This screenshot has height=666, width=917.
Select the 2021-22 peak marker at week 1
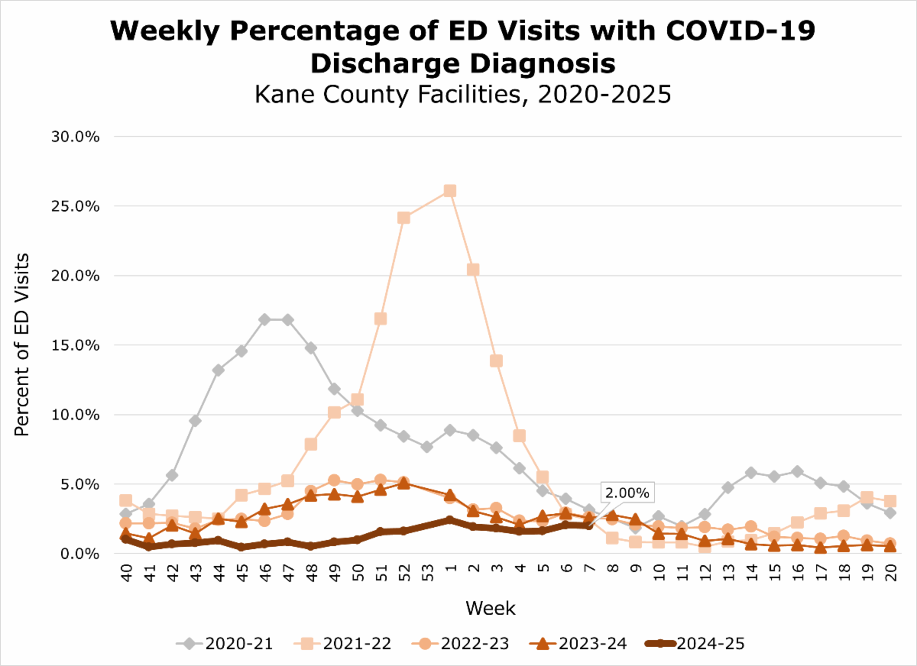coord(450,190)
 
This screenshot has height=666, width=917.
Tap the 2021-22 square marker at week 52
coord(403,218)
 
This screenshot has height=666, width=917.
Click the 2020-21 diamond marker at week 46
coord(264,319)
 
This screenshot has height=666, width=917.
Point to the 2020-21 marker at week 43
coord(195,420)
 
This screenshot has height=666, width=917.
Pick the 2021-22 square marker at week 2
coord(473,270)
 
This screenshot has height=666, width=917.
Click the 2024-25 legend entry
coord(702,643)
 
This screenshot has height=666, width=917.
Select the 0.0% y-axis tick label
coord(102,554)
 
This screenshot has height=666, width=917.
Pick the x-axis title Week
coord(490,609)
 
